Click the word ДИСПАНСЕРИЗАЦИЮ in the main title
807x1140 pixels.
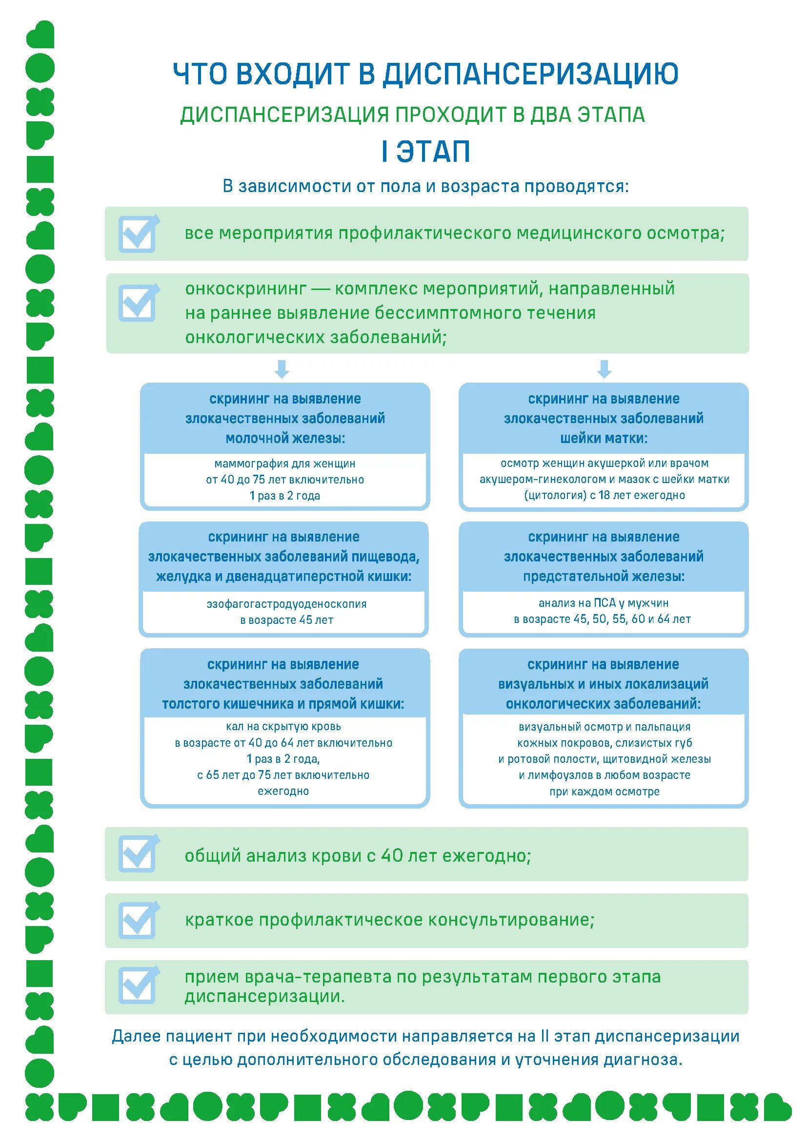point(530,74)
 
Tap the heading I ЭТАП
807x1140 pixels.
point(426,152)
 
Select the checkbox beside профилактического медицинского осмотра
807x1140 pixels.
point(138,234)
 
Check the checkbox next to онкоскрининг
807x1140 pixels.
point(138,302)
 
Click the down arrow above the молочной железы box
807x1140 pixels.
point(282,369)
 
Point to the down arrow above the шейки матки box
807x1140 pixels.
point(604,369)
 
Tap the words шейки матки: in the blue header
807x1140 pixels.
point(604,439)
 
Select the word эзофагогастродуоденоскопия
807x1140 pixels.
point(286,604)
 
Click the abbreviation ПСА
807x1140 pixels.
point(605,603)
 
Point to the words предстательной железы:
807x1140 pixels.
point(604,577)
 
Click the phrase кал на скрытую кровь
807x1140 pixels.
point(283,726)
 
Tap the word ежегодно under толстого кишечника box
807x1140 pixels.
point(283,791)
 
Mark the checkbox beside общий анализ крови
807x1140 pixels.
point(138,854)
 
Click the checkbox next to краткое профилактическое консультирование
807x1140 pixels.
point(138,920)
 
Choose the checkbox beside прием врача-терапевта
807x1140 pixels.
point(138,985)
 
